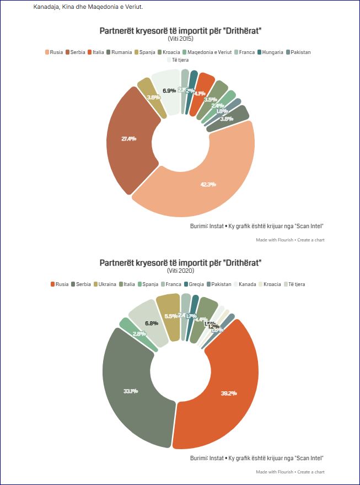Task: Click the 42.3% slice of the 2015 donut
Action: point(208,184)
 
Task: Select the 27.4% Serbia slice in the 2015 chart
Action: point(128,139)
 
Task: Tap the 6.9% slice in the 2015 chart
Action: point(169,90)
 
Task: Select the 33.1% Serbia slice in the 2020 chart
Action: point(131,391)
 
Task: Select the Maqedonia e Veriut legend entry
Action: point(208,52)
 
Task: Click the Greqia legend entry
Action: point(194,284)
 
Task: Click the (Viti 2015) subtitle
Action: point(180,39)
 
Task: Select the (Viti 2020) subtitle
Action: point(180,271)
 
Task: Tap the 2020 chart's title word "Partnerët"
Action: point(119,262)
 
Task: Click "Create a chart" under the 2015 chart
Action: point(310,240)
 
